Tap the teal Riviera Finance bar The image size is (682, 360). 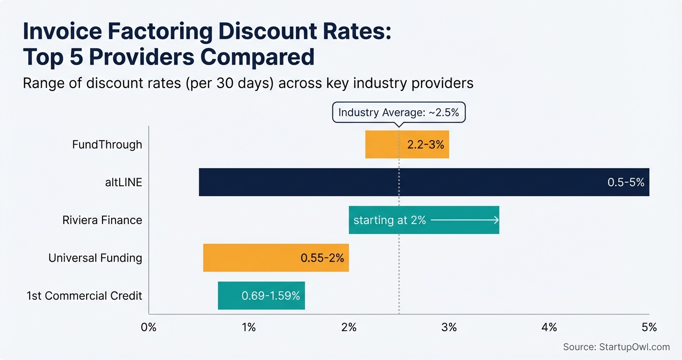click(424, 220)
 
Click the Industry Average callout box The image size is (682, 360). click(398, 113)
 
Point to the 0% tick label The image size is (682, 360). click(149, 327)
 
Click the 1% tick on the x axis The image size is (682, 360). click(249, 327)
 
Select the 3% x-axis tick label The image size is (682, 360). click(449, 327)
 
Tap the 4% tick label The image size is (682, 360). click(549, 327)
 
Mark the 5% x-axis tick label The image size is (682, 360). click(649, 327)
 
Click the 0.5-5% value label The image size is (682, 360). click(625, 182)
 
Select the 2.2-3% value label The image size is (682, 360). click(425, 145)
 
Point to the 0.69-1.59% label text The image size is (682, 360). click(271, 296)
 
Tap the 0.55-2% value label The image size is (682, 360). click(322, 258)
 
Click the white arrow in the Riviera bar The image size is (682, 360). click(465, 220)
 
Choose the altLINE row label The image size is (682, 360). click(123, 182)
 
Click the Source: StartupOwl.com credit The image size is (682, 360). click(616, 347)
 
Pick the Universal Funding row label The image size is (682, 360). click(95, 258)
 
